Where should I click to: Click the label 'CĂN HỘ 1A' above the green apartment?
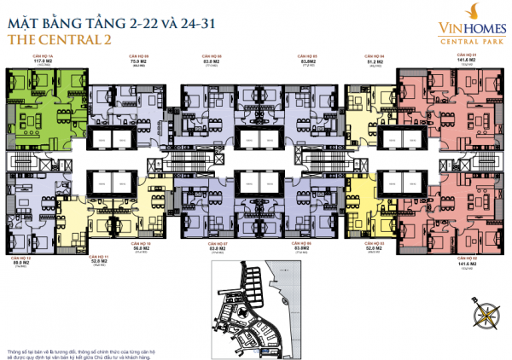32,56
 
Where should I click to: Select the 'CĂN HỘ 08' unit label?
212,56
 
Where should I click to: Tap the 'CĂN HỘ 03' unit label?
374,244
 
